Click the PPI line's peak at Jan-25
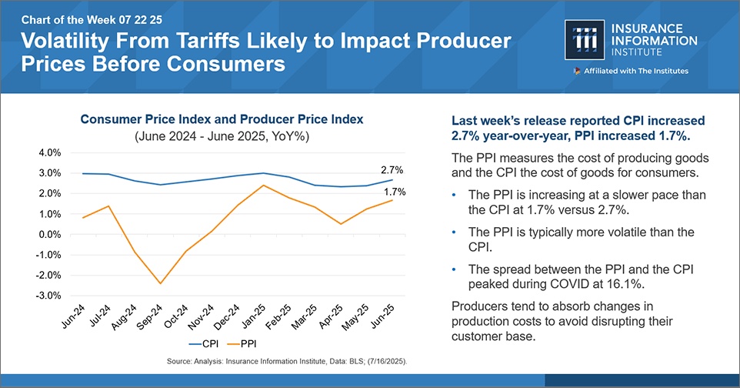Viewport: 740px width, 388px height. (x=264, y=185)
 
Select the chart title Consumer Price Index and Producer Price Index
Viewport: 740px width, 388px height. (x=222, y=120)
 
